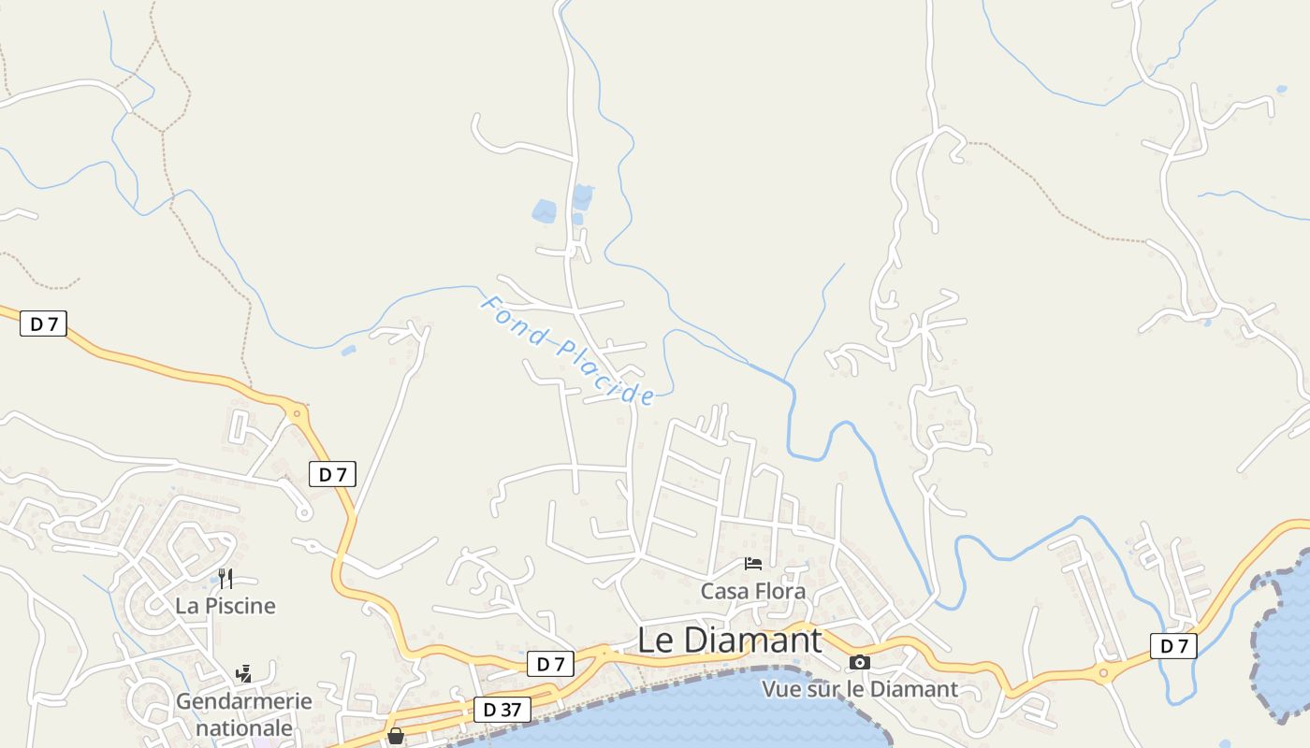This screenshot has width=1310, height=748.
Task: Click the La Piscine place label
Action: tap(226, 606)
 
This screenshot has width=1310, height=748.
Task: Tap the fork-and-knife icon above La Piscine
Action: tap(226, 578)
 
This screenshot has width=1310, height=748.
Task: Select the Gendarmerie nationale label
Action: tap(244, 713)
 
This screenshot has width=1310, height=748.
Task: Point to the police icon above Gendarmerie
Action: tap(244, 673)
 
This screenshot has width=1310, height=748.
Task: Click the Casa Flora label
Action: tap(752, 591)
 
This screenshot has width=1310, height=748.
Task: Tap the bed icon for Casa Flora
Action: tap(753, 563)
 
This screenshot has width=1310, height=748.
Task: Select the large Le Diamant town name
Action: tap(729, 640)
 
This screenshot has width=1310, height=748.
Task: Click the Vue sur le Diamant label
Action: tap(859, 689)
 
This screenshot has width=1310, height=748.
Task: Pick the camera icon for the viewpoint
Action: tap(859, 662)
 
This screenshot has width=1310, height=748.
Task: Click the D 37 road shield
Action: tap(502, 710)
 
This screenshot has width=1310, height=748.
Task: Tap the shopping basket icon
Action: tap(396, 735)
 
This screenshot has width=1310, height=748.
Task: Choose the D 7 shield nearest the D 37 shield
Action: tap(550, 664)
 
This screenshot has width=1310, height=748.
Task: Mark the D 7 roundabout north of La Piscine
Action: tap(298, 411)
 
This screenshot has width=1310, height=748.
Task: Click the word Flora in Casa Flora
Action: tap(781, 591)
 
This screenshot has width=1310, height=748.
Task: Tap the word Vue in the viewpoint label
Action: tap(780, 689)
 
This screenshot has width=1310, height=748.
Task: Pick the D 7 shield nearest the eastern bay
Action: tap(1173, 645)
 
